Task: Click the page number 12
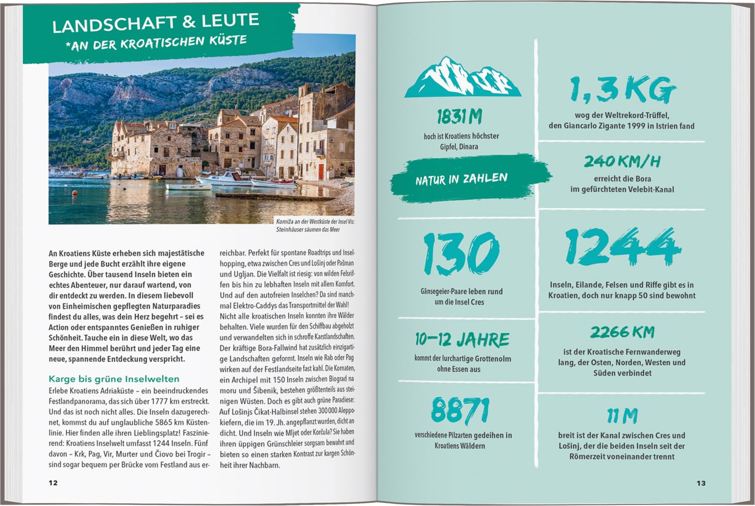(53, 483)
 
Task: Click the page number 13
(701, 483)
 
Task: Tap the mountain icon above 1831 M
(463, 77)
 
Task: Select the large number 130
(461, 254)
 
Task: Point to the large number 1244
(622, 246)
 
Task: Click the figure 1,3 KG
(622, 91)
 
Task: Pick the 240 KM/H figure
(622, 161)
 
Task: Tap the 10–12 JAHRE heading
(462, 340)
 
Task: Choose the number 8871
(460, 410)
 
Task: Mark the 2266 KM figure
(622, 332)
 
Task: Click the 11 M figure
(622, 416)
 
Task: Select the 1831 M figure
(459, 117)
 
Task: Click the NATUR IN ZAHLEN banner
(462, 179)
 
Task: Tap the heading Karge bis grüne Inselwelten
(114, 379)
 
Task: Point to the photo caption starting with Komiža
(315, 225)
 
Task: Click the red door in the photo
(321, 171)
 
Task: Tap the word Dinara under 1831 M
(469, 147)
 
